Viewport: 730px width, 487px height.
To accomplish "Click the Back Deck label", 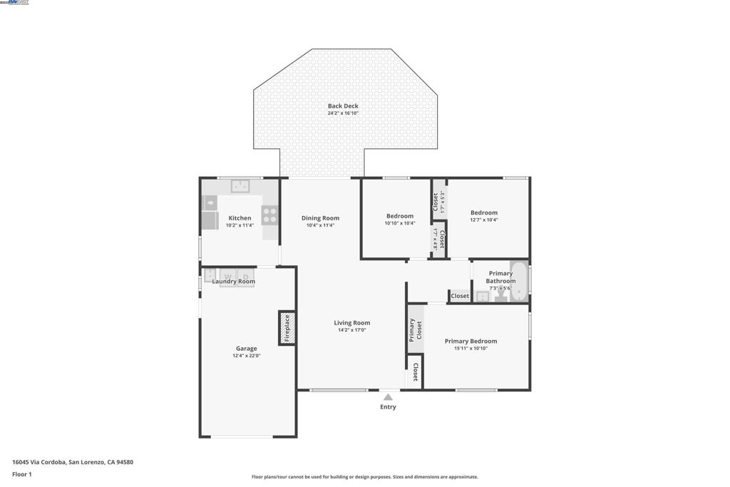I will tap(343, 106).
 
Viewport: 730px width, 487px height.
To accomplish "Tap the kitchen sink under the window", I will tap(239, 187).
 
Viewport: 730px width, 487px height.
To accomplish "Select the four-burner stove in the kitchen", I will tap(269, 215).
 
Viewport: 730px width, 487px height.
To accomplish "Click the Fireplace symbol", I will tap(287, 328).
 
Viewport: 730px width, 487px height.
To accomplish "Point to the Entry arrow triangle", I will tap(387, 397).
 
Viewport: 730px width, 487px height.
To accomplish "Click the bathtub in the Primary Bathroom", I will tap(519, 282).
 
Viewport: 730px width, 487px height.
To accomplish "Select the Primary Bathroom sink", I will tap(483, 297).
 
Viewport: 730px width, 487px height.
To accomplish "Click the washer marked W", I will tap(227, 277).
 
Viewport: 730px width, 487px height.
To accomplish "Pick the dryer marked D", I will tap(245, 277).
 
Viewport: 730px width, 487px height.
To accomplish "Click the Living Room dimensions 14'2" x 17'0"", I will tap(351, 330).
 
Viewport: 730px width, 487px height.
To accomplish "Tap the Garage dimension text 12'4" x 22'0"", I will tap(247, 355).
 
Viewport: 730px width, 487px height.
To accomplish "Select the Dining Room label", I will tap(320, 218).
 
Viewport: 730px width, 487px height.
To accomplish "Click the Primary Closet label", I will tap(416, 329).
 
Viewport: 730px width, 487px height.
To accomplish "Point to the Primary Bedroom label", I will tap(471, 341).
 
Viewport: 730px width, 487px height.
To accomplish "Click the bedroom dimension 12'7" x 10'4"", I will tap(484, 220).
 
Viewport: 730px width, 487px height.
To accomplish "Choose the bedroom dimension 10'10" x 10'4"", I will tap(400, 223).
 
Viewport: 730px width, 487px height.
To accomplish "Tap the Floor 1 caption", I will tap(22, 474).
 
